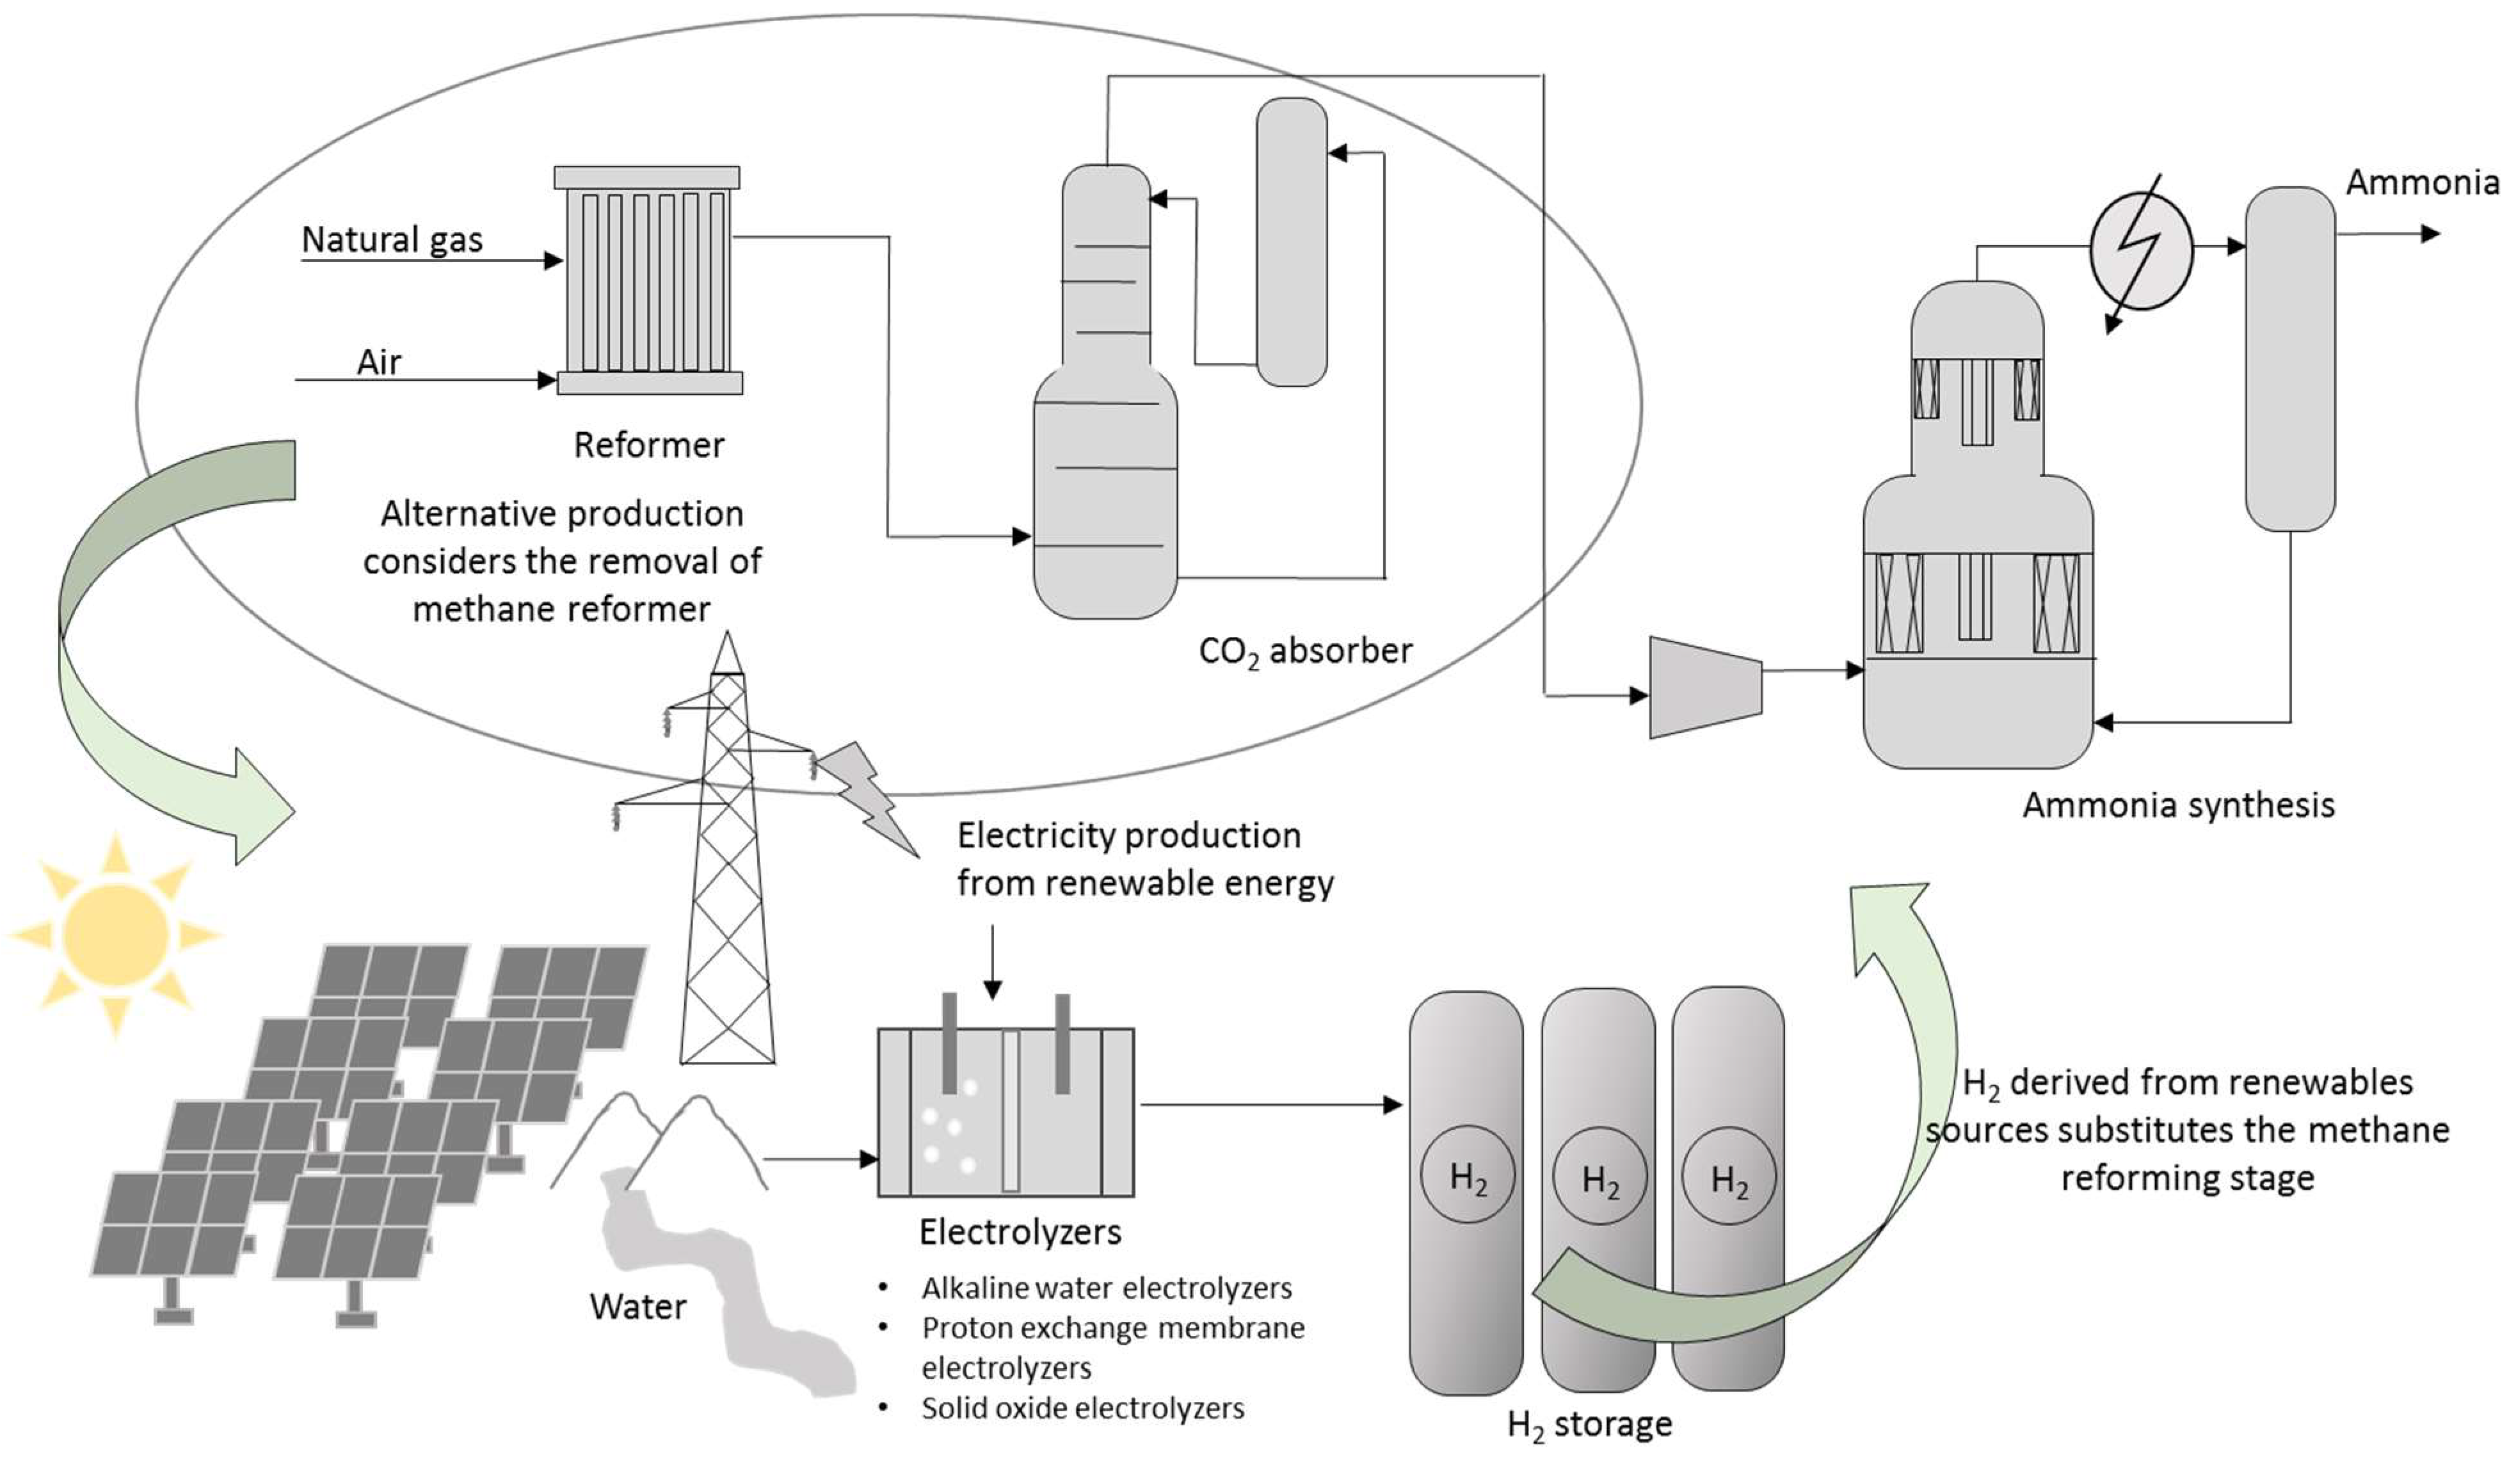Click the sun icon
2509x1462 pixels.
[115, 934]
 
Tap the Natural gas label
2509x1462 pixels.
[392, 240]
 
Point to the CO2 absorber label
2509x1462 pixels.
[1305, 652]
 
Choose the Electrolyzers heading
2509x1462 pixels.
[1020, 1232]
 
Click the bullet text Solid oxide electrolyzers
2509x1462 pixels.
[1082, 1408]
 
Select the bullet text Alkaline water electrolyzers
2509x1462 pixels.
[1106, 1288]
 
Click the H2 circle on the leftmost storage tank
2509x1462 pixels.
[1468, 1175]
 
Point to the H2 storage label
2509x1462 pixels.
[1589, 1425]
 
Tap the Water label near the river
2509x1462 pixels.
[637, 1306]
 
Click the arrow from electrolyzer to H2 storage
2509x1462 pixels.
[1271, 1104]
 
